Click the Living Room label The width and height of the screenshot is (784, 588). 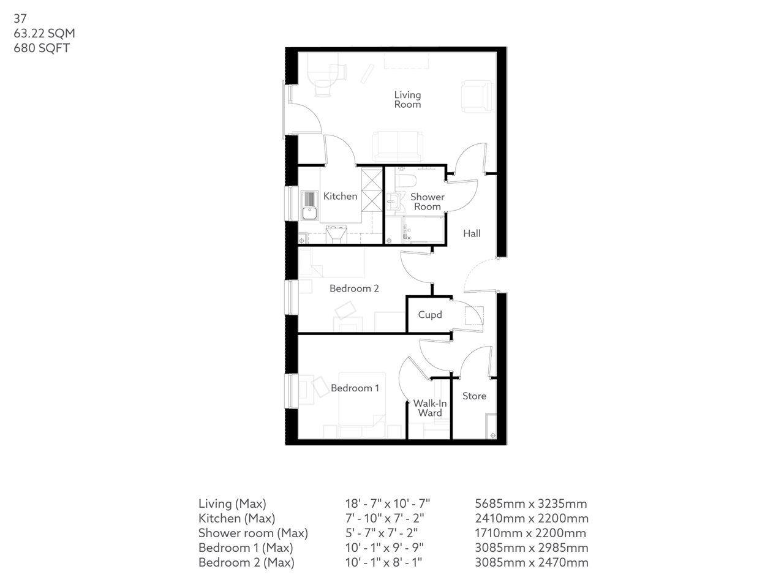(x=407, y=100)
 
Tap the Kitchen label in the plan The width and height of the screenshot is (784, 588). (x=340, y=197)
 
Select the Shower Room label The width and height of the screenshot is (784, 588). (x=427, y=202)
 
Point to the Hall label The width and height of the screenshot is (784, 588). (x=472, y=233)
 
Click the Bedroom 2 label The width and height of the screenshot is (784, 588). (x=354, y=288)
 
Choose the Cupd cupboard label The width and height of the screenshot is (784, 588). (x=430, y=315)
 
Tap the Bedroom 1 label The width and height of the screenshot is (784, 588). (x=355, y=388)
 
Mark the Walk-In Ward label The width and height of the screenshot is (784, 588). (x=430, y=408)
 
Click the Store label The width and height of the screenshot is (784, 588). (x=474, y=396)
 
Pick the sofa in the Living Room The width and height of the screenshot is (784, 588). (x=398, y=146)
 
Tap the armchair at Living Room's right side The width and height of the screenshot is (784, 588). (x=477, y=97)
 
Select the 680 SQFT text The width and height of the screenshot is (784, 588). (x=42, y=48)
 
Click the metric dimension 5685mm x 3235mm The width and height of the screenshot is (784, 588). (x=531, y=504)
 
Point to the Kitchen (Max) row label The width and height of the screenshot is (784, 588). (x=236, y=519)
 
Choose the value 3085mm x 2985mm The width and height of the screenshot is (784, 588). (x=532, y=548)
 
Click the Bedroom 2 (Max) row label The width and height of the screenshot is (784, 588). (x=246, y=563)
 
